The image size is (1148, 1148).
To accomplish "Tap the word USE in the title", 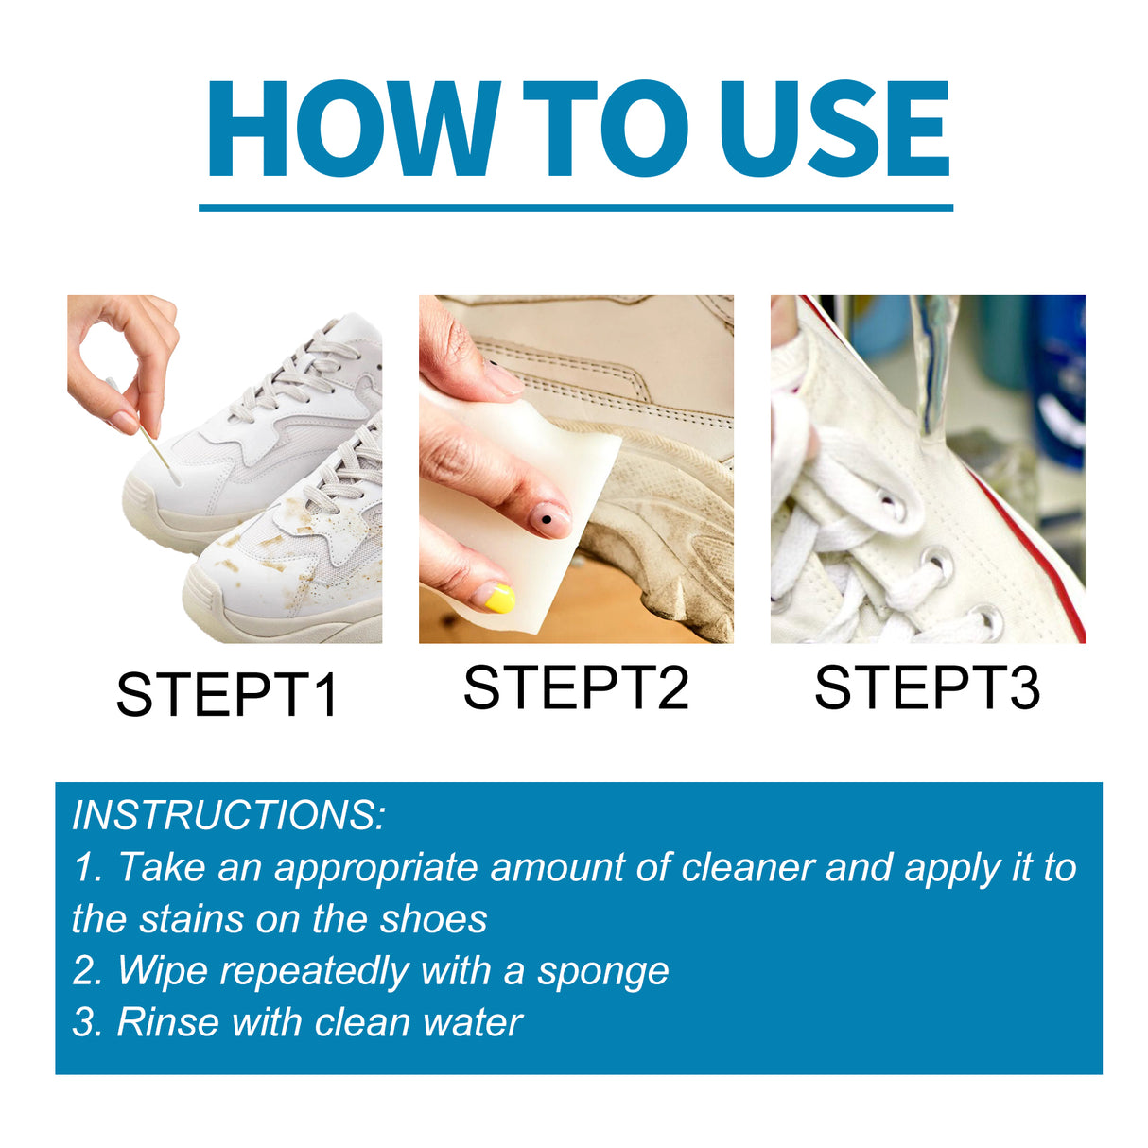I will click(x=833, y=130).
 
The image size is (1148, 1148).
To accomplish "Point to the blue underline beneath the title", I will click(x=575, y=207).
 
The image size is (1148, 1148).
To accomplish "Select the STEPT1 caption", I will click(x=227, y=695).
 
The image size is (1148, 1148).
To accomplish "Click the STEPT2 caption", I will click(x=576, y=687).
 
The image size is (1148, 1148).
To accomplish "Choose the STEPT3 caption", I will click(x=927, y=687).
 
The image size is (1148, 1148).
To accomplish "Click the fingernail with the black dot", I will click(x=548, y=519).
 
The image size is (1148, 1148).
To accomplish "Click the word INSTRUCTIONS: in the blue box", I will click(x=229, y=815).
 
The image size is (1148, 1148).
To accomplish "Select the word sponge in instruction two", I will click(x=602, y=971).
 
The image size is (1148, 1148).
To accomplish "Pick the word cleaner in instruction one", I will click(x=748, y=867).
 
